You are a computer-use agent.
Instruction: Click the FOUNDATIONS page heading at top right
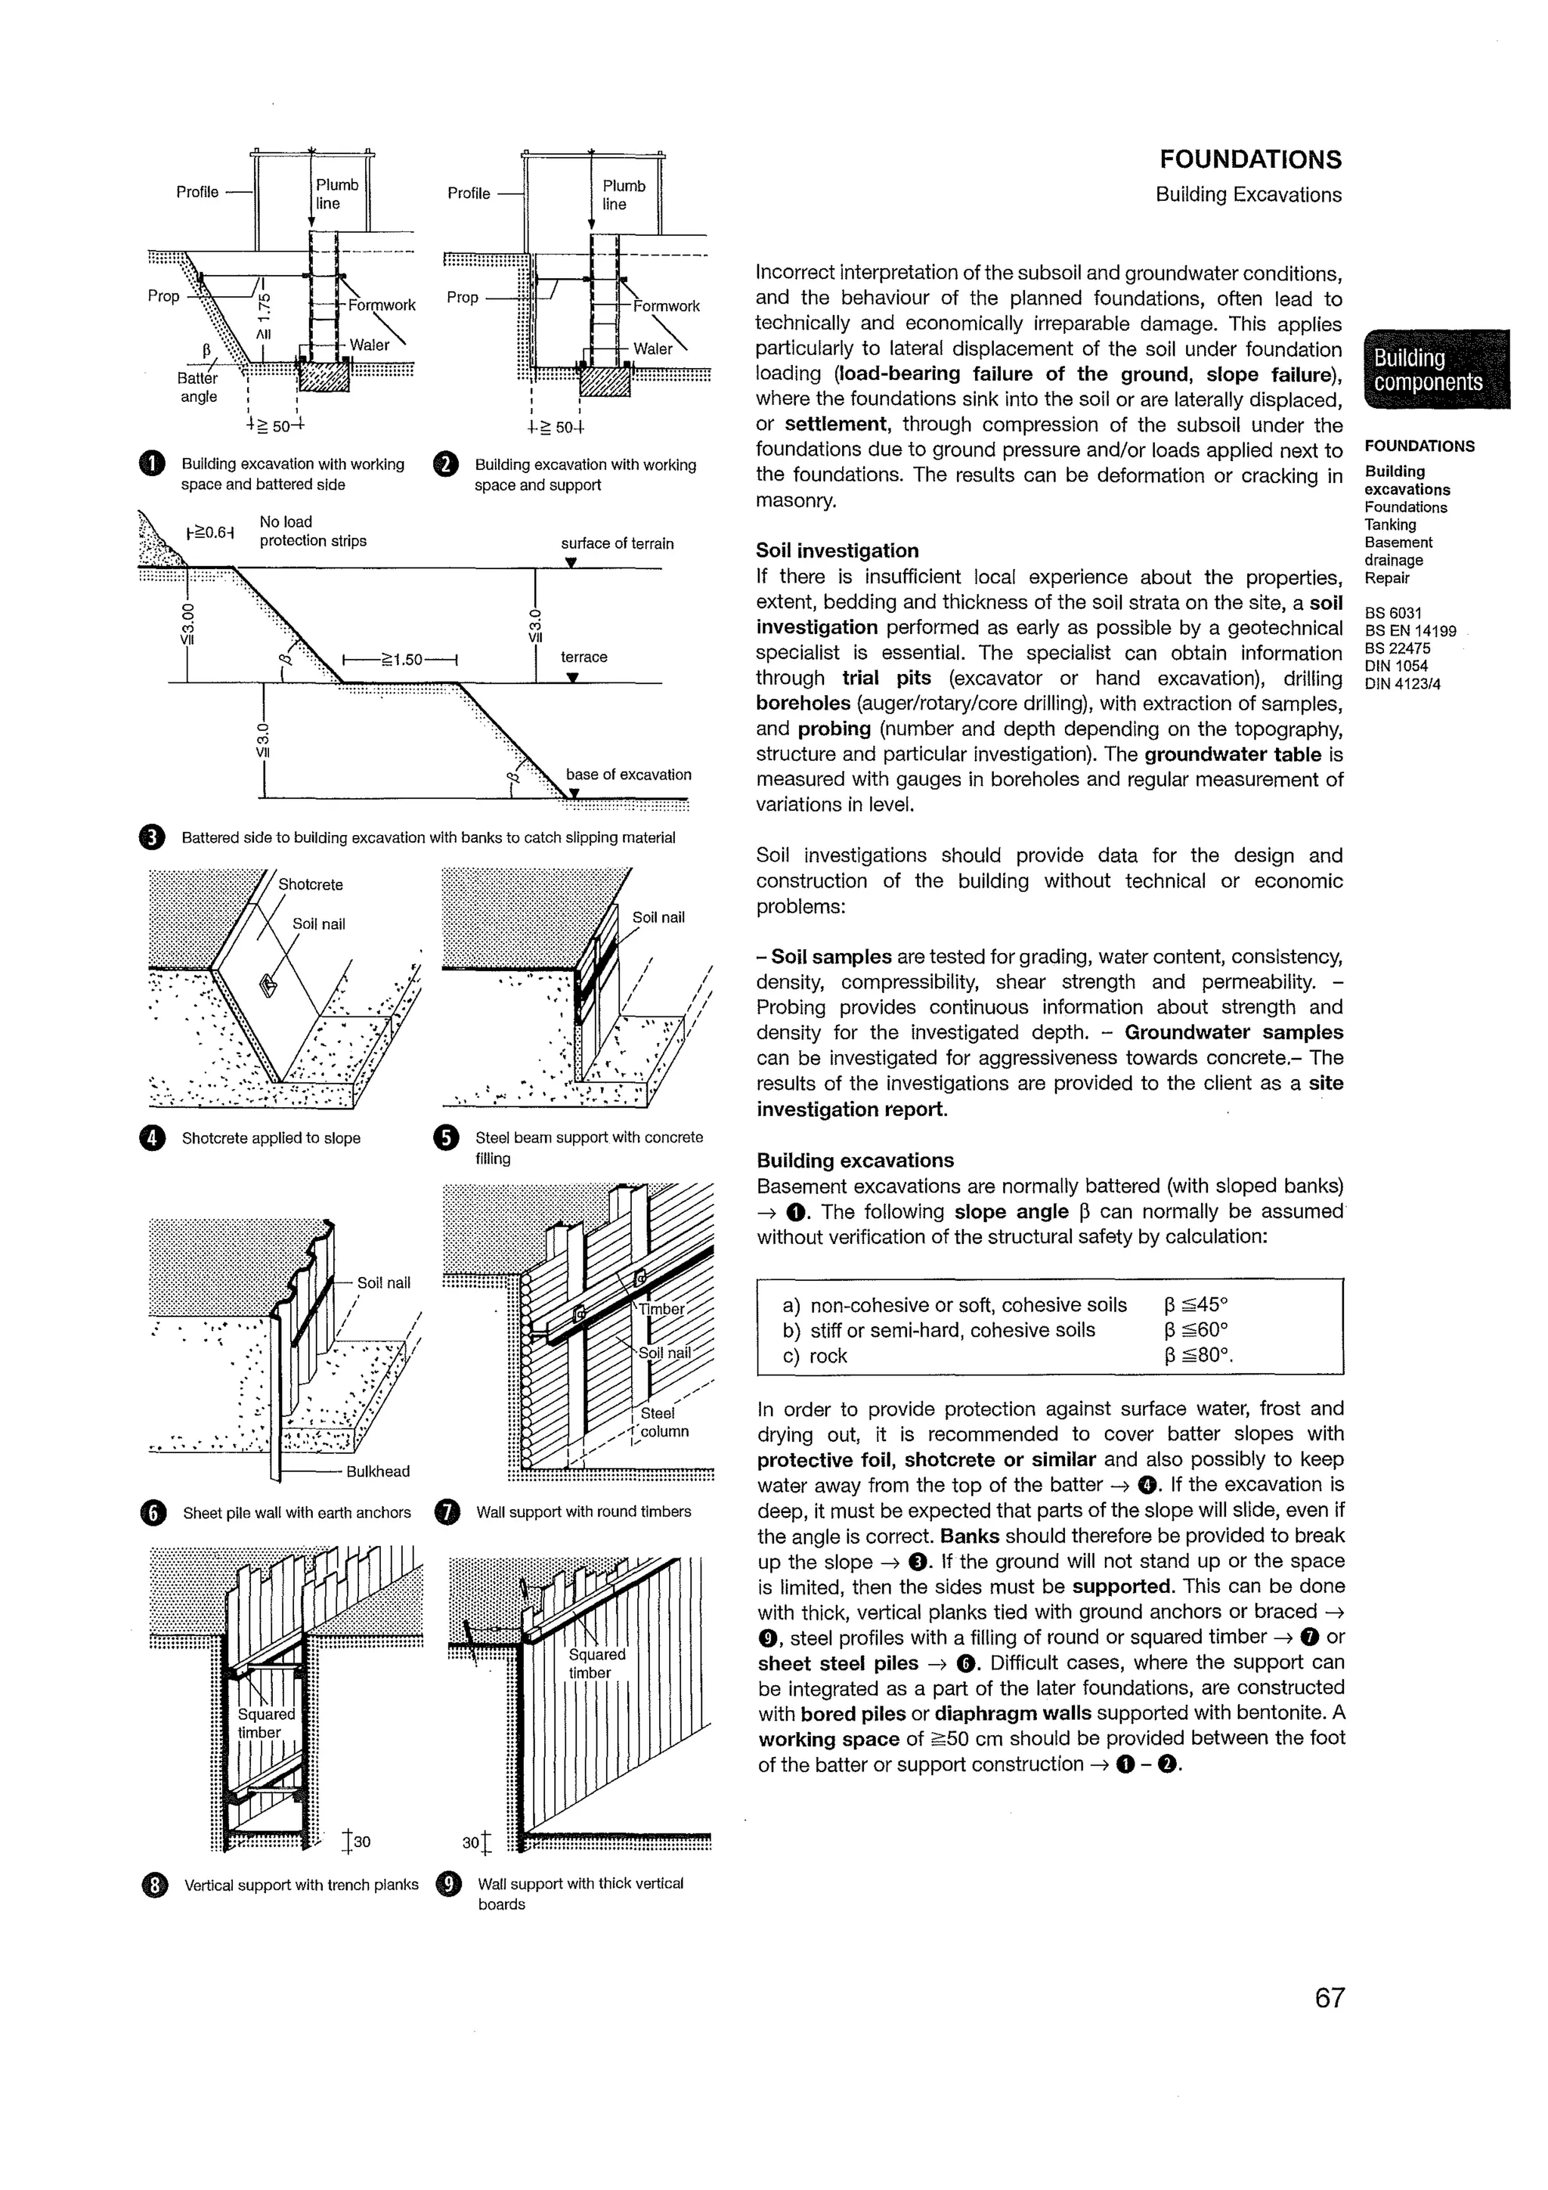click(x=1249, y=159)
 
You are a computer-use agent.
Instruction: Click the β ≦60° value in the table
click(x=1196, y=1330)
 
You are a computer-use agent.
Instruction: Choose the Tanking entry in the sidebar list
click(x=1390, y=524)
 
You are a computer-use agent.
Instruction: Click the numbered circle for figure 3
click(x=152, y=837)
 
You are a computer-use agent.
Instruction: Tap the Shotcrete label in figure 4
click(x=310, y=884)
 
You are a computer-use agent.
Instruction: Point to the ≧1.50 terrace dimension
click(x=401, y=659)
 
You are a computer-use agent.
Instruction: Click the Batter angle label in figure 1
click(x=197, y=387)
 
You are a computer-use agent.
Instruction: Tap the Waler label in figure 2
click(x=652, y=349)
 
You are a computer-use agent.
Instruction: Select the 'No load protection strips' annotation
click(x=312, y=531)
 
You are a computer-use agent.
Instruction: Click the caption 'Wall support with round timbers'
click(x=583, y=1512)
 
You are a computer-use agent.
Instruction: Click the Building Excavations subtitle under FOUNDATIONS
click(x=1248, y=194)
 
